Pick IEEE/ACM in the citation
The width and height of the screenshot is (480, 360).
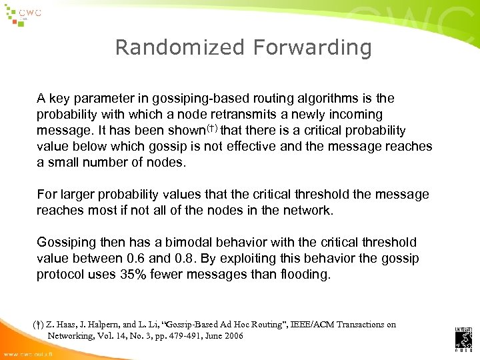(313, 325)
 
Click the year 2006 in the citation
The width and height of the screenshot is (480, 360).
(231, 336)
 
